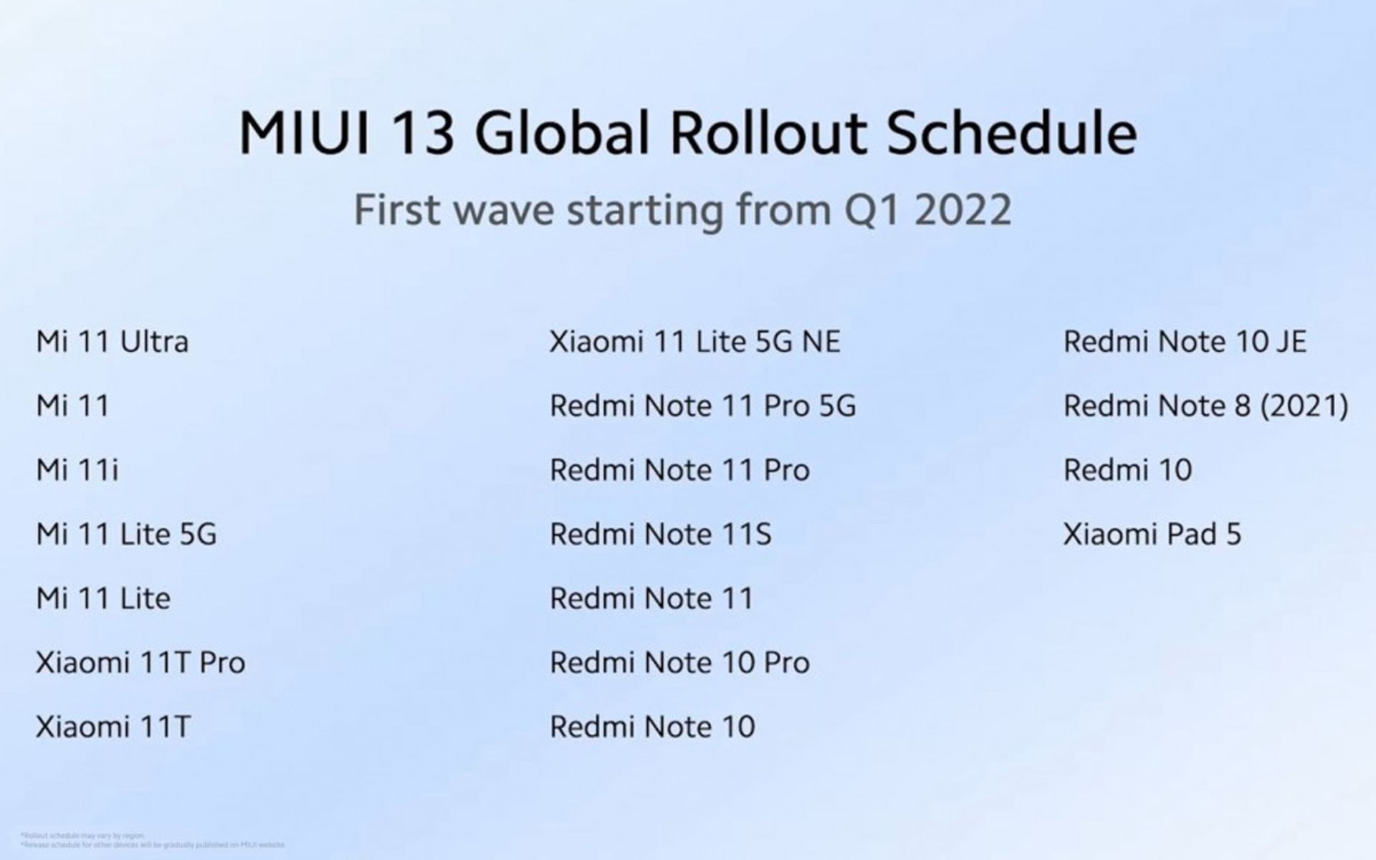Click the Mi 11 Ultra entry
point(113,342)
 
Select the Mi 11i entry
point(77,470)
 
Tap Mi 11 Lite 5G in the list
point(126,535)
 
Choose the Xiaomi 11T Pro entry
point(140,663)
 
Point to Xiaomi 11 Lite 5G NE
point(694,342)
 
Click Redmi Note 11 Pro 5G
point(702,406)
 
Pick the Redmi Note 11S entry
point(660,535)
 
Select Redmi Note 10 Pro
point(679,663)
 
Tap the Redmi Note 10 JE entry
point(1185,342)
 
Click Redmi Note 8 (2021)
point(1205,406)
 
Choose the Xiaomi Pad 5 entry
point(1152,535)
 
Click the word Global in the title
point(562,133)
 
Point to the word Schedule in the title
point(1011,133)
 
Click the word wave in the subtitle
point(504,210)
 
